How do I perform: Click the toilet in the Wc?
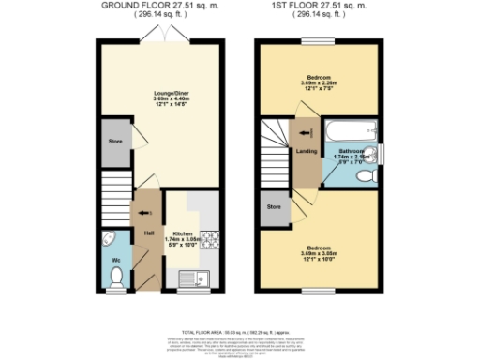pos(117,275)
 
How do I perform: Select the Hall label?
pos(148,232)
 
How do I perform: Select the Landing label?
pos(305,149)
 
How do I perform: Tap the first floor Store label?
pos(275,206)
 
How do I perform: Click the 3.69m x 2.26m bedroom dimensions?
pos(320,84)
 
